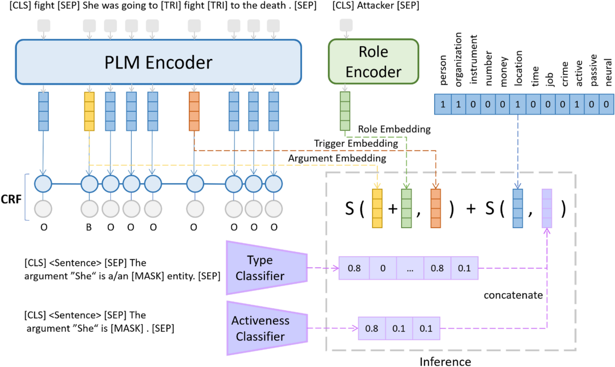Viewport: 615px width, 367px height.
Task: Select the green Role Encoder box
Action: click(x=373, y=62)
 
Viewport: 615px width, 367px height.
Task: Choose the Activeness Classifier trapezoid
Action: click(x=266, y=329)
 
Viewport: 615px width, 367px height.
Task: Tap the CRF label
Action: click(x=11, y=198)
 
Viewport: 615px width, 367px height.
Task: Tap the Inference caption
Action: click(x=445, y=361)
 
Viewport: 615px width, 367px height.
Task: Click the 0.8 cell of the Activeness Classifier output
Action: click(x=371, y=329)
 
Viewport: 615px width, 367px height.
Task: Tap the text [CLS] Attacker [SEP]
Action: click(x=376, y=7)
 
